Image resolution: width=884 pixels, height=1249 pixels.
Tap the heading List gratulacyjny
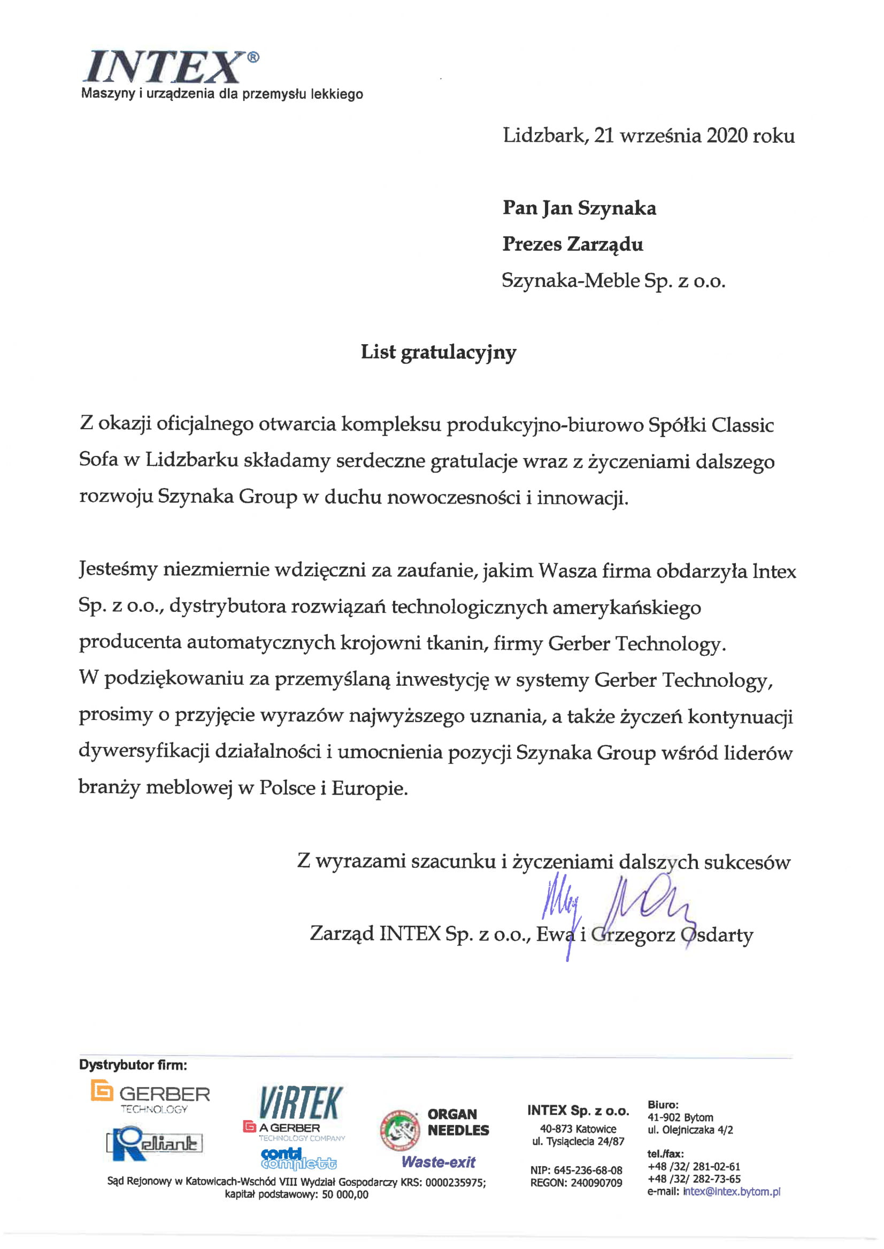pos(438,353)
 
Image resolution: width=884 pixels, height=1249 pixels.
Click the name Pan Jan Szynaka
pos(579,208)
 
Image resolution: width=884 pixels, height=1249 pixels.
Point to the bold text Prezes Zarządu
pos(572,244)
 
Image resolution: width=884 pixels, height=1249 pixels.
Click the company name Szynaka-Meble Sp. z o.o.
pos(613,281)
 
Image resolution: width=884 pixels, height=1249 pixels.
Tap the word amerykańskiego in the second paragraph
pos(627,607)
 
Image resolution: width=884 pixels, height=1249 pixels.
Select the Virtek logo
pos(301,1102)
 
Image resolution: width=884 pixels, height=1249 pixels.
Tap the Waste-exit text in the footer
pos(438,1162)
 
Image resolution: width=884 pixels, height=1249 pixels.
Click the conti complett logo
pos(298,1159)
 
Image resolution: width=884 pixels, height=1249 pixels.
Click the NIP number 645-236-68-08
pos(588,1170)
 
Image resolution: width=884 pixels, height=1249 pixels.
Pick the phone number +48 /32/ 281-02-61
pos(694,1166)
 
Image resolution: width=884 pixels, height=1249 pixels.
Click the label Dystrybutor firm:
pos(133,1065)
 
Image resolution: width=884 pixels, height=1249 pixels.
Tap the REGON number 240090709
pos(596,1183)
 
